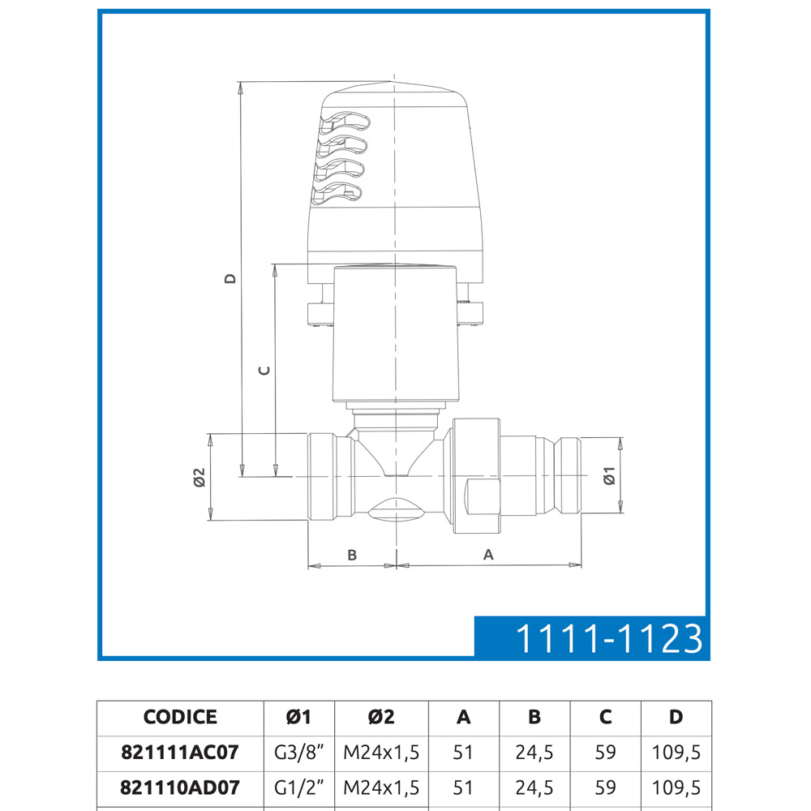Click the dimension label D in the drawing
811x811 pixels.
(x=230, y=278)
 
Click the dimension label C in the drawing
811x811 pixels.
(x=264, y=371)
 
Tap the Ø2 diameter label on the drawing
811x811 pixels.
(x=200, y=478)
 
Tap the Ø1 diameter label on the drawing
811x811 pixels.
(x=610, y=475)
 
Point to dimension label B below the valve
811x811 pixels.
(x=352, y=555)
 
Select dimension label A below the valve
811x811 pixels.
(x=488, y=555)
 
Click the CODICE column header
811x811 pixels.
(x=180, y=717)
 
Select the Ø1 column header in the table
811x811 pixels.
(x=298, y=717)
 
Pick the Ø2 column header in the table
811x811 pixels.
(x=381, y=717)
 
